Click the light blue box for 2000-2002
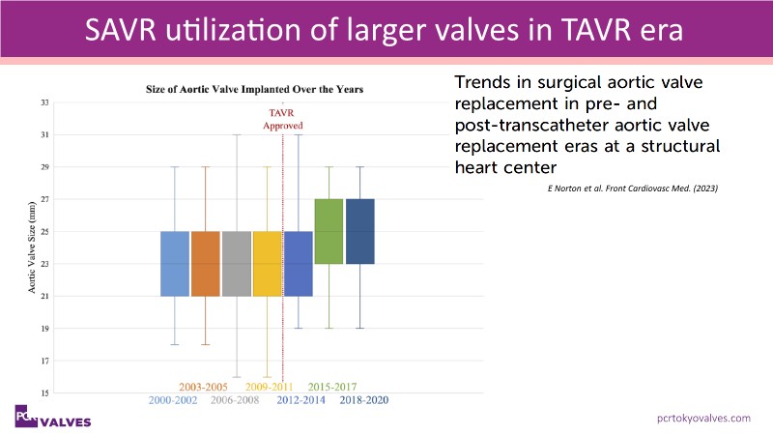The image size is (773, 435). [175, 264]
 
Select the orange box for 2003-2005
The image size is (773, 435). [206, 264]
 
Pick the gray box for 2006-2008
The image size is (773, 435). [237, 264]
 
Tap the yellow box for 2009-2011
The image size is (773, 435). [268, 264]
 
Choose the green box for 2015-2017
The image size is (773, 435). [329, 231]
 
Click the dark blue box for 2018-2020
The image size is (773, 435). [360, 231]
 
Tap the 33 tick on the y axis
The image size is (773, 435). [44, 101]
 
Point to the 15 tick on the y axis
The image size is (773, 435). [44, 392]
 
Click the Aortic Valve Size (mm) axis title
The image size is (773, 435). [32, 246]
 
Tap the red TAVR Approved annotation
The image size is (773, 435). [284, 120]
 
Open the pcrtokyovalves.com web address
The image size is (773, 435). [701, 418]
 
